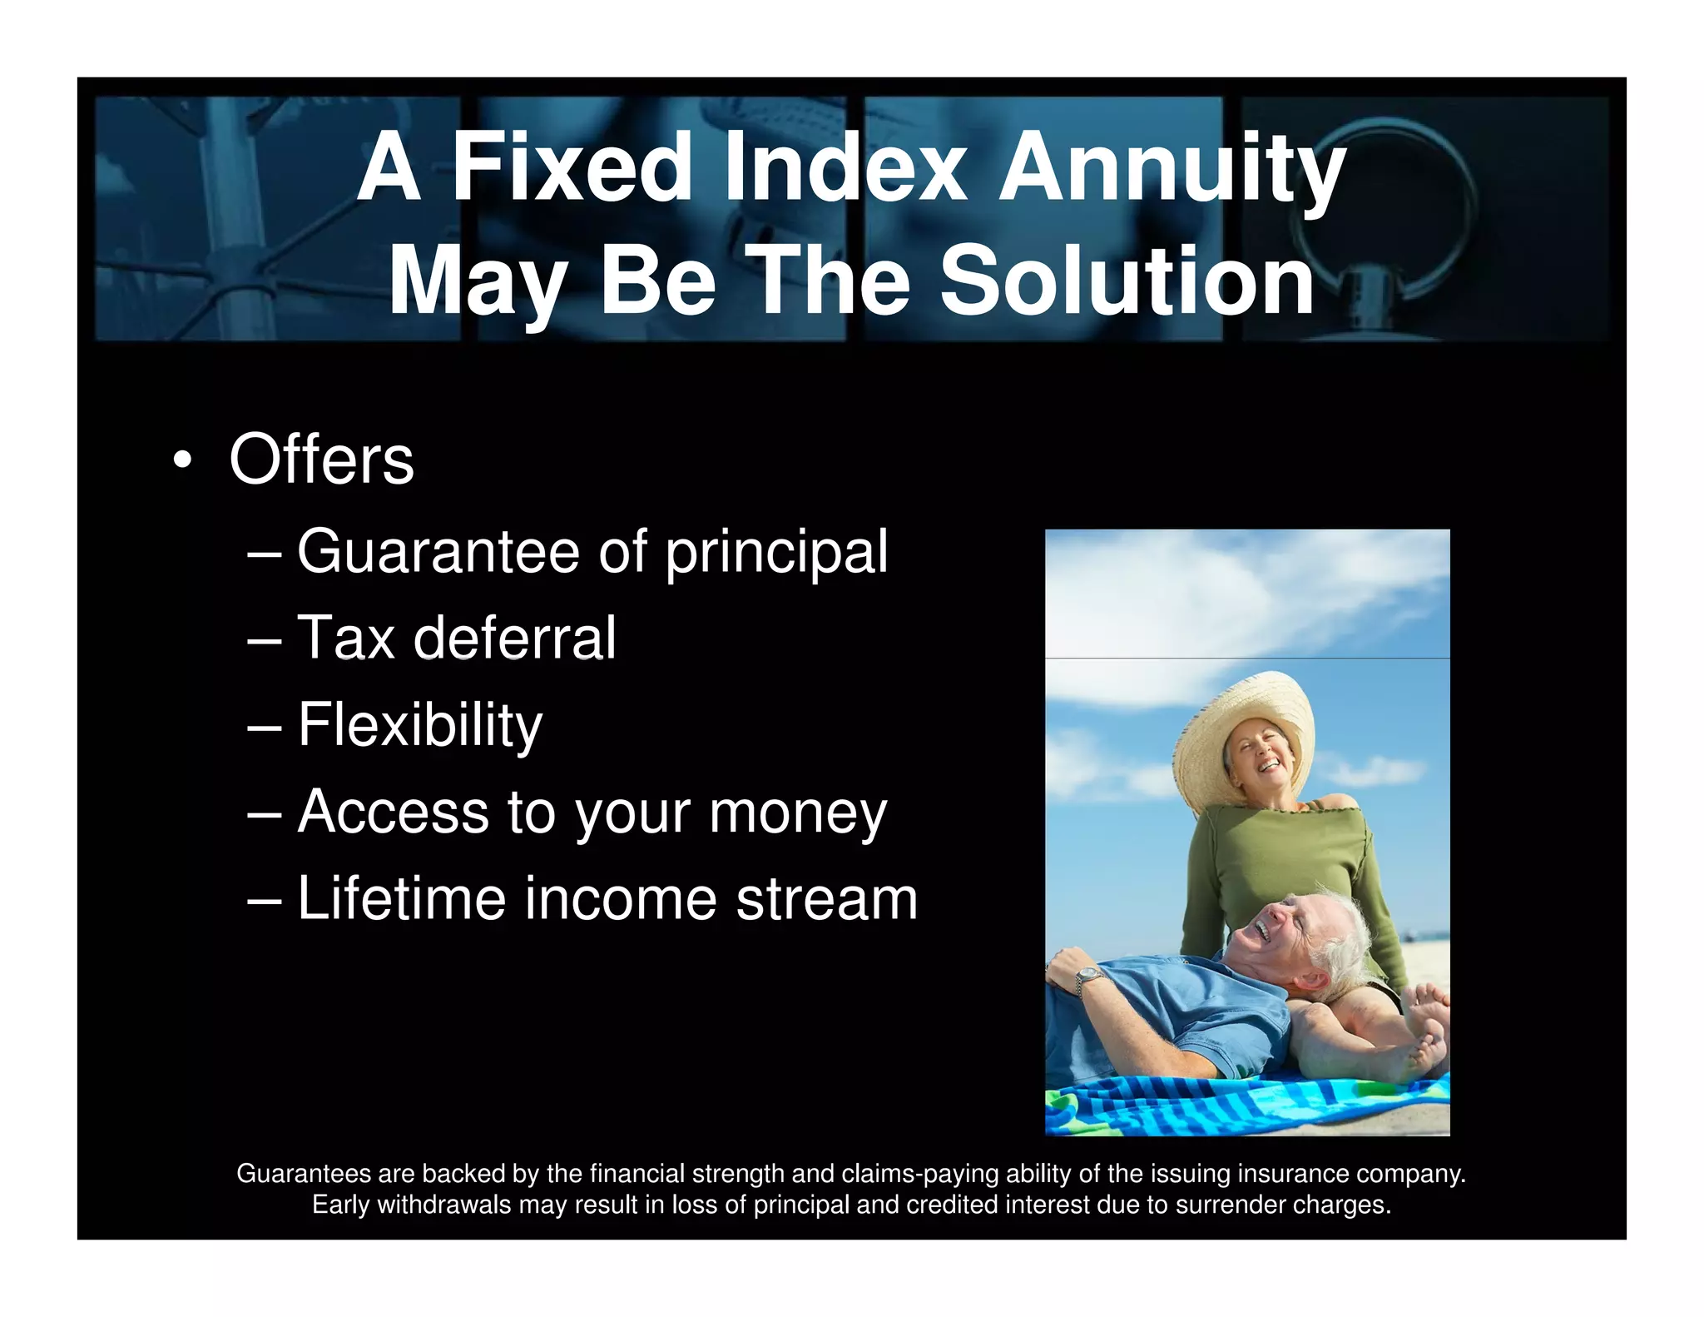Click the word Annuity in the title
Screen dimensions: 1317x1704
[x=1171, y=169]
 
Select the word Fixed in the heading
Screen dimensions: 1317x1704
[x=571, y=169]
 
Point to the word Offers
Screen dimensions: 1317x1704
[x=321, y=460]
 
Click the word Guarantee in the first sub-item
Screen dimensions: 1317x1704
[x=438, y=552]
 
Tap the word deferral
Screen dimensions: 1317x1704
[x=514, y=639]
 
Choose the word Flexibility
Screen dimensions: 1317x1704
[x=419, y=726]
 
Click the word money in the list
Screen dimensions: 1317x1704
[x=797, y=813]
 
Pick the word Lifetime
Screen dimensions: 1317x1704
[x=401, y=899]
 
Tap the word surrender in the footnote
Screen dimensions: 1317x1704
[x=1230, y=1205]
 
